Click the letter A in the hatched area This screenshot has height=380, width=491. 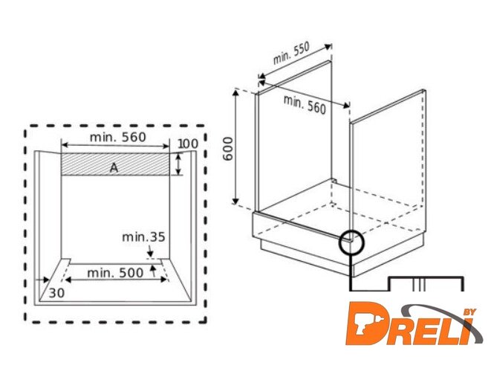click(x=114, y=168)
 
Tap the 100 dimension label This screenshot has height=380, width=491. click(x=188, y=144)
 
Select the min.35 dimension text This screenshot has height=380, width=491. click(x=143, y=237)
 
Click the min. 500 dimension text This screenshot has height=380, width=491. click(x=115, y=273)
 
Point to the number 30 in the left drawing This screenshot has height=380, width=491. click(x=56, y=293)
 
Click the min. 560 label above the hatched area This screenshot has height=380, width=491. click(x=118, y=137)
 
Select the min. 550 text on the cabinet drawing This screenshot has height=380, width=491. click(x=291, y=53)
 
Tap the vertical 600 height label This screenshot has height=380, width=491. click(x=228, y=149)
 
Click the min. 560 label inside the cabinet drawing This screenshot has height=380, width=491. click(x=305, y=104)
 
